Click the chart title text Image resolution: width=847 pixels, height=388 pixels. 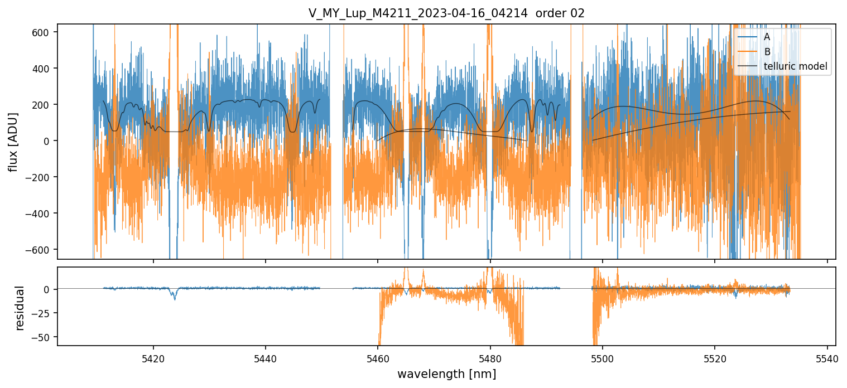(x=446, y=13)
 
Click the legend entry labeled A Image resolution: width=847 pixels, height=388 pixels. (x=767, y=37)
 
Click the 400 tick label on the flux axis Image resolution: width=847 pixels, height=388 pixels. (x=44, y=69)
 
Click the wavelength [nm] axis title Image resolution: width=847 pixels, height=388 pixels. (x=446, y=374)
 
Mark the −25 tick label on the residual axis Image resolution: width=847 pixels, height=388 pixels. (x=44, y=313)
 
